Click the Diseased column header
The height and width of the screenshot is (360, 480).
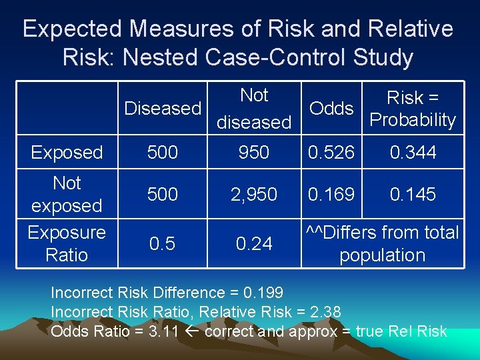coord(163,108)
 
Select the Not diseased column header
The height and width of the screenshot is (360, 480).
coord(254,109)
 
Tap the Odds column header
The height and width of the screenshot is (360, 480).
coord(331,109)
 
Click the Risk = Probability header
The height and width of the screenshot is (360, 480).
coord(413,109)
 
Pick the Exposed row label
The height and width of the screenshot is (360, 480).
coord(67,153)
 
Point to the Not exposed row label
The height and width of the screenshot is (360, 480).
coord(67,194)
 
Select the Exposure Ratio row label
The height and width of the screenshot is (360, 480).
coord(67,243)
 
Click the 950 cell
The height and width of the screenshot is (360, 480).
coord(254,153)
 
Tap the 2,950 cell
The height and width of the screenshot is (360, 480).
coord(254,195)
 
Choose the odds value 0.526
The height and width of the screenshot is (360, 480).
coord(331,153)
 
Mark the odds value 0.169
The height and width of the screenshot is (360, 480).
coord(331,195)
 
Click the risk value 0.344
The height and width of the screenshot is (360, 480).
coord(413,153)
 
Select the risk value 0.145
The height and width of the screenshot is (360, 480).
coord(413,195)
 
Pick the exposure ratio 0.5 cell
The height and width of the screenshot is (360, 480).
coord(163,244)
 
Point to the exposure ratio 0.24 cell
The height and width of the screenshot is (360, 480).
coord(254,244)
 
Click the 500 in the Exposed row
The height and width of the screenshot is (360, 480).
coord(163,153)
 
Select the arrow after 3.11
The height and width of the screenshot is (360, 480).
coord(192,331)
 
